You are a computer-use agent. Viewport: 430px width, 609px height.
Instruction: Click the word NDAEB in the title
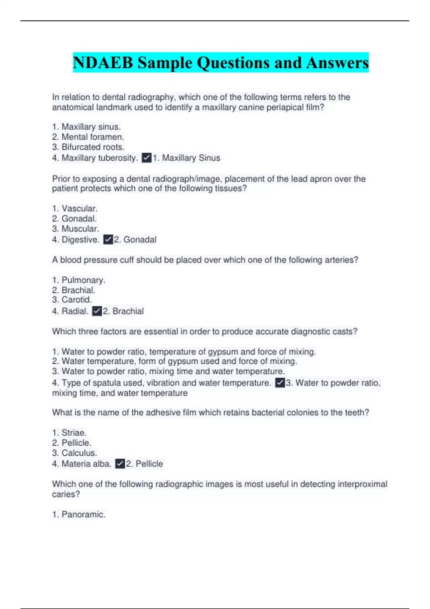tap(103, 63)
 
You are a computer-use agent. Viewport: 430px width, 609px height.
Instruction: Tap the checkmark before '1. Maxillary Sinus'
tap(147, 158)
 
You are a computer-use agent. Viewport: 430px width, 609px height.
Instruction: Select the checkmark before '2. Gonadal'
tap(108, 239)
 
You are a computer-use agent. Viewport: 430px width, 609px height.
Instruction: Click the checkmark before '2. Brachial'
tap(97, 311)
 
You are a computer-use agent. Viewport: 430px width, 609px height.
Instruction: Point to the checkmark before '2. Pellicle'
tap(120, 464)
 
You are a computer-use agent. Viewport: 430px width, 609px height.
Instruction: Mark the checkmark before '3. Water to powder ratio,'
tap(280, 383)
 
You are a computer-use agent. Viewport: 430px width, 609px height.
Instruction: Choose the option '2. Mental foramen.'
tap(88, 137)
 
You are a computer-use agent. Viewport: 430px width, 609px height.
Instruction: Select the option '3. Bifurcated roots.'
tap(89, 147)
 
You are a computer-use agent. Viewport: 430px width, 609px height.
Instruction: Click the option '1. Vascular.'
tap(75, 208)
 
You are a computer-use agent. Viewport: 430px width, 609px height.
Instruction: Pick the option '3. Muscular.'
tap(76, 229)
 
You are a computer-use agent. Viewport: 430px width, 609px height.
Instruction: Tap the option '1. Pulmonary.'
tap(79, 280)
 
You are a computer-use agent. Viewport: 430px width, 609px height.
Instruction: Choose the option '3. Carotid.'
tap(72, 299)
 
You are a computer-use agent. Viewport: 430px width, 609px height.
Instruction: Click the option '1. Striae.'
tap(70, 432)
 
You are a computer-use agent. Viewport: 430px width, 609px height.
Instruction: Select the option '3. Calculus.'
tap(75, 453)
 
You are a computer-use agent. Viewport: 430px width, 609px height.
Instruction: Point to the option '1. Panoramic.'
tap(79, 514)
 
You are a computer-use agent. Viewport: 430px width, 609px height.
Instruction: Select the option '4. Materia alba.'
tap(82, 464)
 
